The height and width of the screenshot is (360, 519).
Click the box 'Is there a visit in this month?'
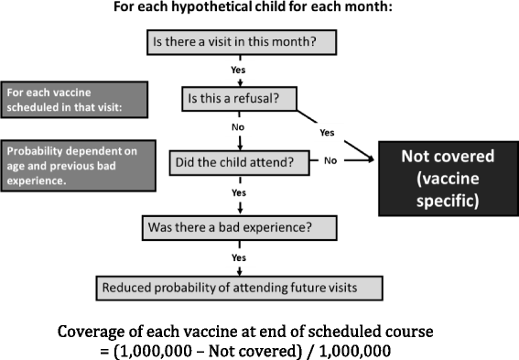(240, 42)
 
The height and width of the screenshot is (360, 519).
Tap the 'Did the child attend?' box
(240, 163)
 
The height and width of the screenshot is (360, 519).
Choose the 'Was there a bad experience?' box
(239, 226)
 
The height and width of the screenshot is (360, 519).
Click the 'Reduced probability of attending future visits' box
(240, 288)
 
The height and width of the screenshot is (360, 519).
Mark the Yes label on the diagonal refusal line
(327, 132)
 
